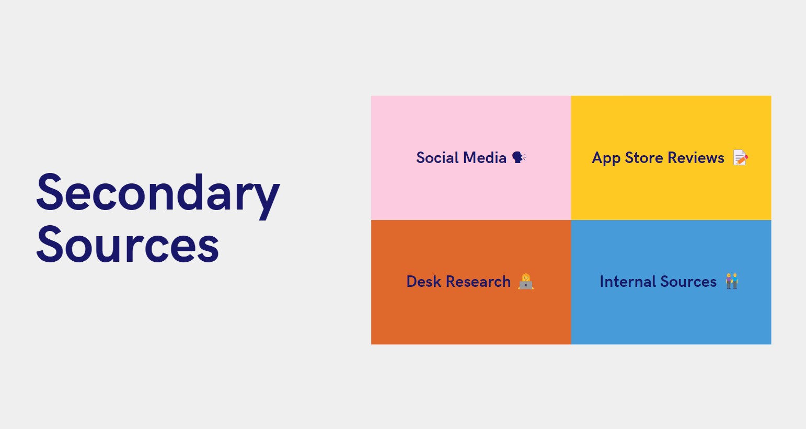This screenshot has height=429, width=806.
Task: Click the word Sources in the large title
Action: point(128,245)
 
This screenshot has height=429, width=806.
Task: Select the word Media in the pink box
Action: point(485,158)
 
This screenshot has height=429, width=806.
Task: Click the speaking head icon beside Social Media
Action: point(519,157)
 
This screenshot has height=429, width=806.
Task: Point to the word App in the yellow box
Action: point(606,158)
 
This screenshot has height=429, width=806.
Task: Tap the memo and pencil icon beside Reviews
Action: point(740,157)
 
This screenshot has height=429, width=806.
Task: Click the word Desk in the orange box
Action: point(423,282)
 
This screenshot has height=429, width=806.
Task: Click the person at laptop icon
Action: point(526,281)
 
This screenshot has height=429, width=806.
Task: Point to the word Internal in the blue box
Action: point(627,282)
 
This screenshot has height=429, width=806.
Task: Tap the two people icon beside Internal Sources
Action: point(732,281)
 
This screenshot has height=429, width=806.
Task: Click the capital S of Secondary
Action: point(50,192)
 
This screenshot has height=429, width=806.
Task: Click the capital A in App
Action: point(598,158)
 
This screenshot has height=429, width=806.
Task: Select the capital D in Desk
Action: point(412,282)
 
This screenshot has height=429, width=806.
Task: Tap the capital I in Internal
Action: point(602,282)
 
